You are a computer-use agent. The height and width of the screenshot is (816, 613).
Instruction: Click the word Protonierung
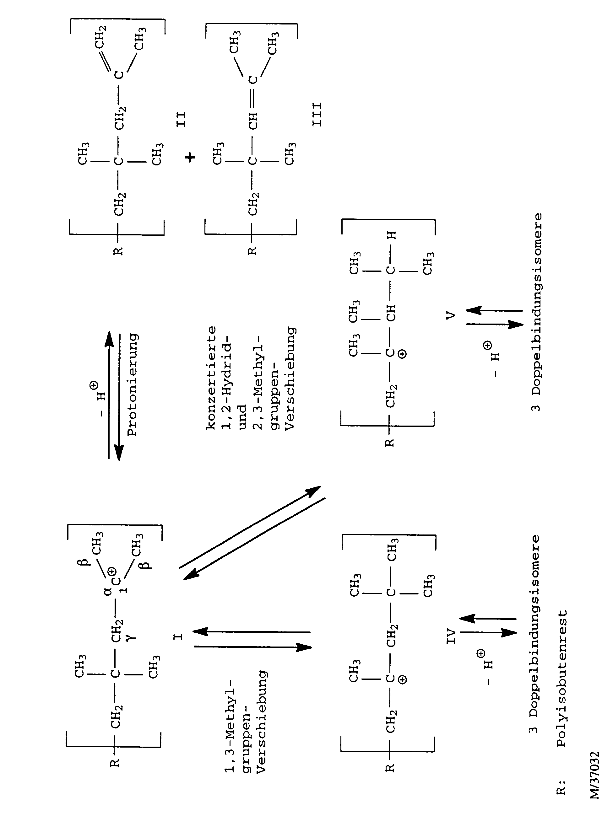[x=133, y=385]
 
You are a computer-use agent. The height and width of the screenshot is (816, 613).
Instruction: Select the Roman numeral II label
[x=181, y=120]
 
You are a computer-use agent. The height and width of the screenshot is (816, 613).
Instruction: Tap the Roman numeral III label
[x=317, y=115]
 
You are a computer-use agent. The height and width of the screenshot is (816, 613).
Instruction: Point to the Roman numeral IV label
[x=451, y=637]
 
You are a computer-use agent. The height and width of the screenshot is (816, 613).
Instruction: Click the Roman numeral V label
[x=451, y=315]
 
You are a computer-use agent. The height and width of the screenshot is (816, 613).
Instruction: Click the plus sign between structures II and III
[x=190, y=158]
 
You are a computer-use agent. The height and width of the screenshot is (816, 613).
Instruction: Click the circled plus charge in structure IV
[x=403, y=679]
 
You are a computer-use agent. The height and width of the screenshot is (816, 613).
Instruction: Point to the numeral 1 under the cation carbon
[x=124, y=590]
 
